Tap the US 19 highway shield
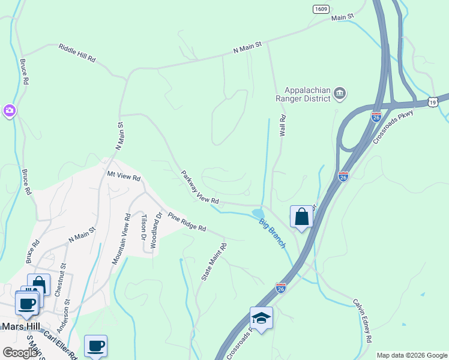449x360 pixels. tap(433, 103)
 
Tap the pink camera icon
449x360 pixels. tap(9, 110)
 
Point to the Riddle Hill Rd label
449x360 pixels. tap(77, 52)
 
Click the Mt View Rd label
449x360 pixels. tap(123, 178)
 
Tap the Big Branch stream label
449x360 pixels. tap(272, 234)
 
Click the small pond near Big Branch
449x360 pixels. tap(258, 213)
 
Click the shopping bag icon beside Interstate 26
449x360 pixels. tap(301, 217)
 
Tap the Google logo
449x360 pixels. tap(20, 352)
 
